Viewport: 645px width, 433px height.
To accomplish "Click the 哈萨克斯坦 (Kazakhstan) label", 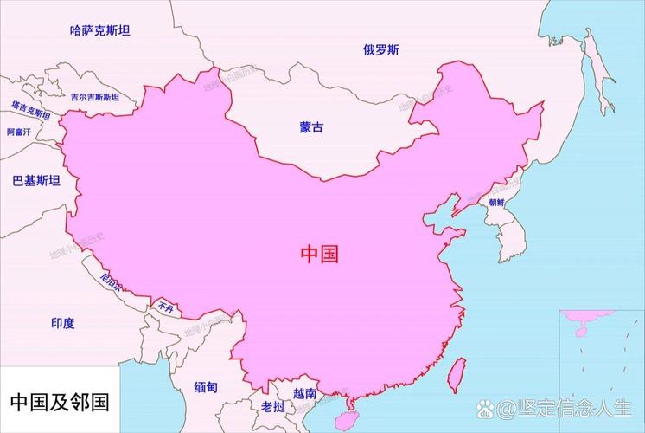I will (99, 30).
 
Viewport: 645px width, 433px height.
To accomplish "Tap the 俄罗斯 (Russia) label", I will (381, 49).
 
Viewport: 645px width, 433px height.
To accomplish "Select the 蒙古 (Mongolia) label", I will (312, 127).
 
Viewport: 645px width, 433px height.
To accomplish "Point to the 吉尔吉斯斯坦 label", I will (107, 98).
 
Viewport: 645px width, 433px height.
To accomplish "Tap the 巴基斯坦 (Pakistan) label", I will (36, 180).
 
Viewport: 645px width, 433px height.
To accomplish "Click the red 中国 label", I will (319, 254).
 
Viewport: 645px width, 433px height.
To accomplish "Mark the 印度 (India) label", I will (62, 323).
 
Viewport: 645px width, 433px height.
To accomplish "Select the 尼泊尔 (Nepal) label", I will (112, 281).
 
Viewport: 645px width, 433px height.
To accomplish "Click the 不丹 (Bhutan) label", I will (165, 307).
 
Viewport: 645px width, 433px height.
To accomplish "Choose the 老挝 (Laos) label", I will (272, 406).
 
